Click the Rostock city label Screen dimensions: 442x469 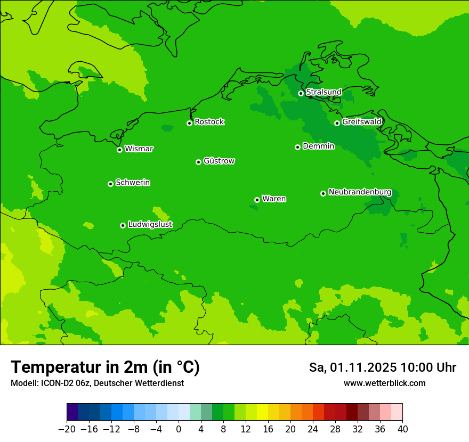tap(209, 122)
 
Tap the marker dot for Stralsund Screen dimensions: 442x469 tap(301, 93)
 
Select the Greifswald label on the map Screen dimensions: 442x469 tap(362, 122)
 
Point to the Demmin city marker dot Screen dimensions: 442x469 tap(297, 147)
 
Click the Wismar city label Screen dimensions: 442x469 tap(139, 149)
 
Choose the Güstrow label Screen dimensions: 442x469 tap(219, 161)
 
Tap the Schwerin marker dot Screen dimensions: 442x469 tap(110, 184)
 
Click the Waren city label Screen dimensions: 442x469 tap(274, 199)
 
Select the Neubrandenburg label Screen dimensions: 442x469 tap(360, 192)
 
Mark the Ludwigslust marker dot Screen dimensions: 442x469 tap(123, 225)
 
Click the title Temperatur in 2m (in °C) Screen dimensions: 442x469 tap(105, 367)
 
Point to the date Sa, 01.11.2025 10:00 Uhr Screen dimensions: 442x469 tap(382, 367)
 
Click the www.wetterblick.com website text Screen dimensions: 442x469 tap(384, 383)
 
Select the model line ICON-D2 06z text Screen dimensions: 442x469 tap(97, 383)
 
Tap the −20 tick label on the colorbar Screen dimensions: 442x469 tap(67, 429)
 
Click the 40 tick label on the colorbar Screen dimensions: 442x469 tap(402, 429)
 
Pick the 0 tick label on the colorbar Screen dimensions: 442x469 tap(179, 429)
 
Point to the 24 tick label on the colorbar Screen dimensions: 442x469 tap(313, 429)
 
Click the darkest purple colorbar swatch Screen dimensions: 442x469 tap(72, 412)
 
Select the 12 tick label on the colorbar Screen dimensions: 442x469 tap(246, 429)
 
